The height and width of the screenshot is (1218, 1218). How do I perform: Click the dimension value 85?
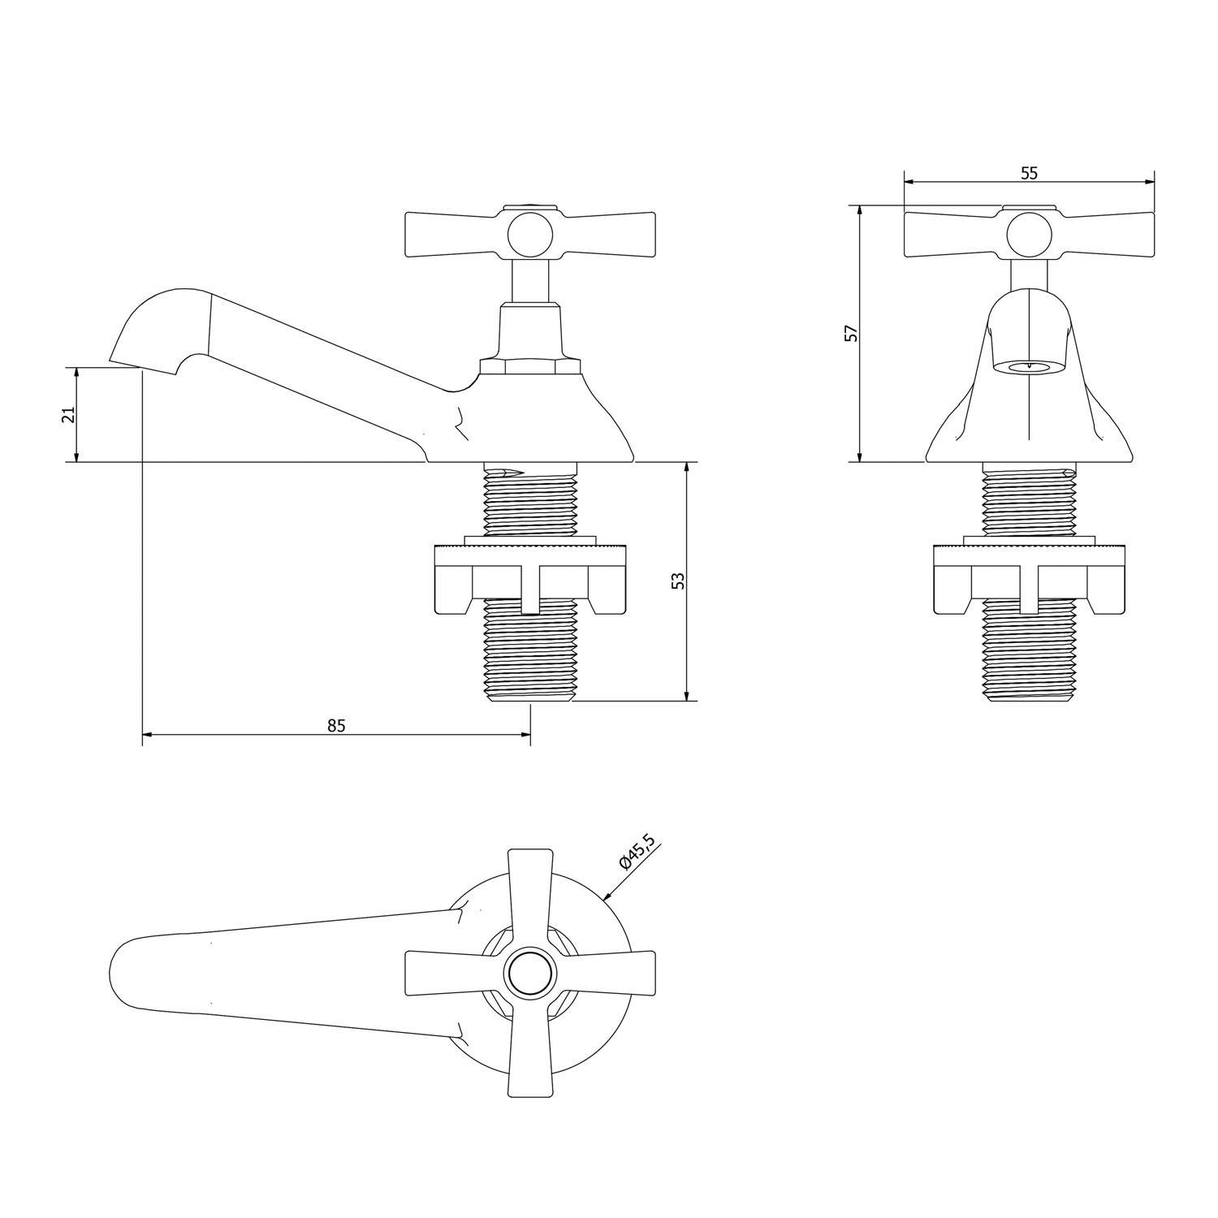point(336,725)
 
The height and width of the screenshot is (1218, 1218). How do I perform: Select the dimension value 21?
point(70,414)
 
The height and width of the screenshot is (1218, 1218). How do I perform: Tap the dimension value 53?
point(679,581)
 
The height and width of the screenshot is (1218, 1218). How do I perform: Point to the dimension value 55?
point(1029,173)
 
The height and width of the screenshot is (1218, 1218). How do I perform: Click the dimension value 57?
point(851,333)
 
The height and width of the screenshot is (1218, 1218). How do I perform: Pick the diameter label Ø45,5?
point(636,851)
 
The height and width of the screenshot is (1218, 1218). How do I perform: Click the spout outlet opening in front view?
point(1029,366)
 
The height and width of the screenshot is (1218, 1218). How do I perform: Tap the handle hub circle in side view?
point(530,235)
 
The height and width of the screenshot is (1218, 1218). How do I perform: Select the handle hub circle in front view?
point(1030,235)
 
